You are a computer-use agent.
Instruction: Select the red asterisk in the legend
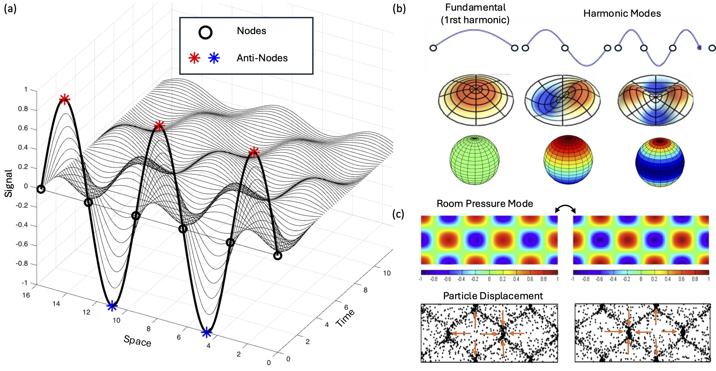pos(194,58)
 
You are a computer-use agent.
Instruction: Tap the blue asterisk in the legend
pos(214,58)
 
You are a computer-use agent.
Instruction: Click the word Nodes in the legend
pos(251,31)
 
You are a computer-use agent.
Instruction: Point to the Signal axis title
pos(9,183)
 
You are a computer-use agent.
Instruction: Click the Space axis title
pos(137,341)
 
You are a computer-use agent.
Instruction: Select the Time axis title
pos(345,318)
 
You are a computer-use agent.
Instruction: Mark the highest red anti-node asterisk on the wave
pos(64,99)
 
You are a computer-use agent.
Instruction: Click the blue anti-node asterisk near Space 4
pos(206,333)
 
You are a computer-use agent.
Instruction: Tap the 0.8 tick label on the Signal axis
pos(23,109)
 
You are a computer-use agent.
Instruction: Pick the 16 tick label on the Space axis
pos(26,295)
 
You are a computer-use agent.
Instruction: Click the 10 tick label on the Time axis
pos(387,273)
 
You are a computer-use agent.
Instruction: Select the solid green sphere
pos(475,160)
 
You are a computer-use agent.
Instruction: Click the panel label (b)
pos(399,9)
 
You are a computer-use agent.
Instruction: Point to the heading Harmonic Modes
pos(622,13)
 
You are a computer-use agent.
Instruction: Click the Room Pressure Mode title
pos(485,204)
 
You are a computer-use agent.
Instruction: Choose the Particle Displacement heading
pos(493,296)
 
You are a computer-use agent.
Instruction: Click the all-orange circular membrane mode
pos(476,99)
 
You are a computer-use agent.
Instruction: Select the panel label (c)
pos(398,214)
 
